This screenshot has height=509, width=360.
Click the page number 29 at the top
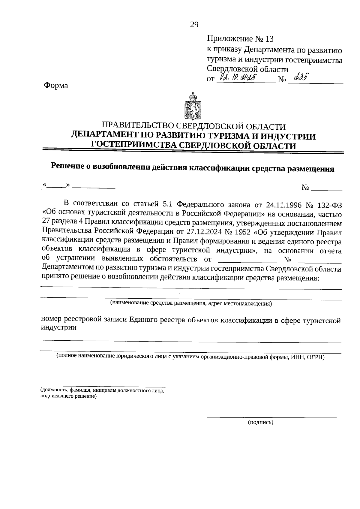[194, 25]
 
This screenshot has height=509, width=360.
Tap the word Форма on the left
[56, 86]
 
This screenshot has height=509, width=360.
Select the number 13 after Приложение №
[269, 39]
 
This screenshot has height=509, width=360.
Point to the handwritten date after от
[237, 79]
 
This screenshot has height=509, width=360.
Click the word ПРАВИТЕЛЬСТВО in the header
[138, 126]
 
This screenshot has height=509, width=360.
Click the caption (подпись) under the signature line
[260, 423]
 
